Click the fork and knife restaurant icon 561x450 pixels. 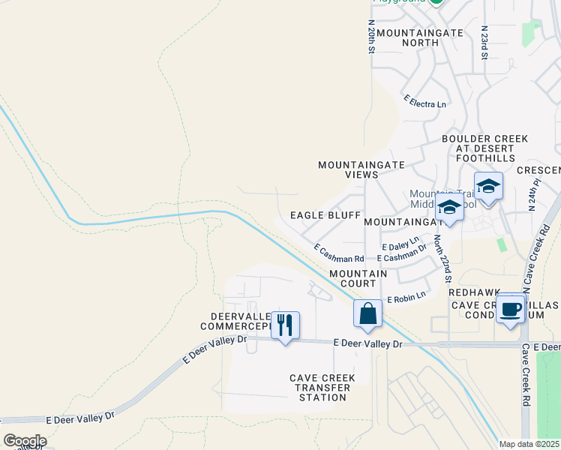[285, 325]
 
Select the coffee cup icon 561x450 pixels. [511, 308]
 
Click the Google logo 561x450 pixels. [25, 441]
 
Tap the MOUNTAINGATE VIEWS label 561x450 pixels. [361, 169]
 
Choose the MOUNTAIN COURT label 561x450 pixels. [358, 278]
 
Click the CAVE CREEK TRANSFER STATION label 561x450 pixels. [321, 387]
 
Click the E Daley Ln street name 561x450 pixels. [400, 244]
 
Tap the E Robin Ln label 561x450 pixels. [406, 298]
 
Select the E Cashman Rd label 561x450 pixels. [338, 253]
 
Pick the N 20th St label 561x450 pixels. [371, 36]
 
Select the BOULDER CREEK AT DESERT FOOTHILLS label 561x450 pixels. [484, 148]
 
